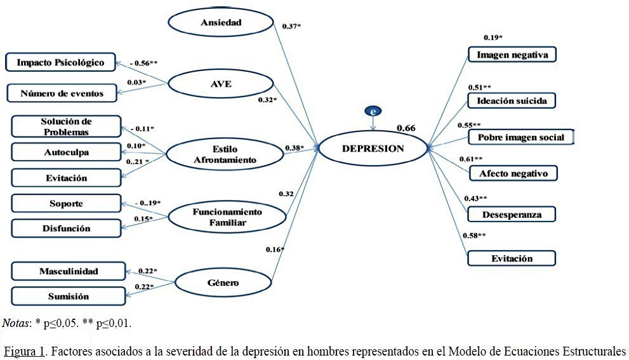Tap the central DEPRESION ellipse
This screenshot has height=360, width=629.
click(373, 149)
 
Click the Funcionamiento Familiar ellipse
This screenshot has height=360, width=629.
click(227, 217)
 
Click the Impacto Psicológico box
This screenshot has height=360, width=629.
click(60, 62)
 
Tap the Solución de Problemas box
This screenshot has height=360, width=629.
click(66, 126)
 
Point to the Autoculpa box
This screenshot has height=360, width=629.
click(66, 153)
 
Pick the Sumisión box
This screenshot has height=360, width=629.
click(68, 296)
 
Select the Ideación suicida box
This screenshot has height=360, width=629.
click(512, 100)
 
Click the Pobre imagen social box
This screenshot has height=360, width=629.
click(520, 137)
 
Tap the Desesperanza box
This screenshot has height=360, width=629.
click(512, 214)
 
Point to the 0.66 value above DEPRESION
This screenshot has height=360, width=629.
click(406, 128)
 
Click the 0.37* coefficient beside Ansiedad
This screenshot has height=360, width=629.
click(292, 26)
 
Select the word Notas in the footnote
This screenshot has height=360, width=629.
click(15, 324)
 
